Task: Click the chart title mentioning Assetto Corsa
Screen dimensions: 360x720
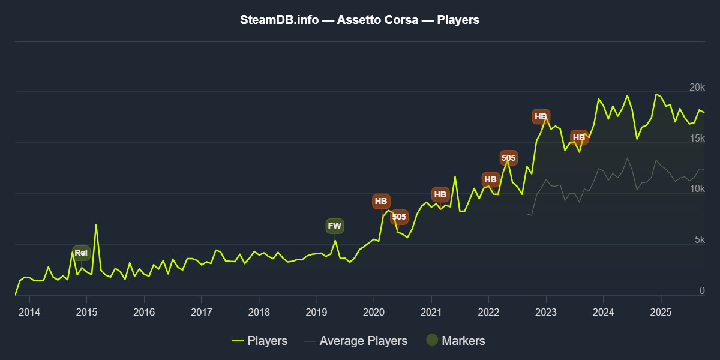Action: click(x=360, y=20)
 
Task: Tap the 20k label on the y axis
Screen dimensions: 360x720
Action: click(x=697, y=88)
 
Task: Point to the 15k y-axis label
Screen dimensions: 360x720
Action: click(x=697, y=139)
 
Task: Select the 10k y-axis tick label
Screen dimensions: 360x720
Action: click(x=697, y=190)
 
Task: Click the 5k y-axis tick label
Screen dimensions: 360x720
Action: click(x=700, y=241)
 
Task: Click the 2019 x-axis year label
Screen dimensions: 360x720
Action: click(x=316, y=312)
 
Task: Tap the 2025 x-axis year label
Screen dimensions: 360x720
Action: click(x=660, y=312)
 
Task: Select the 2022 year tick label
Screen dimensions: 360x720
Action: click(x=488, y=312)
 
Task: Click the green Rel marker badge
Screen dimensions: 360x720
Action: click(x=81, y=253)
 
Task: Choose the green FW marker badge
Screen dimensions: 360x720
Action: click(x=335, y=226)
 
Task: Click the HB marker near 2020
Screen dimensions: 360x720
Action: click(x=381, y=202)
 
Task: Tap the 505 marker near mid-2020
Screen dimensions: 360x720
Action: click(x=399, y=217)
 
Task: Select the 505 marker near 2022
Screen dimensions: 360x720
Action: click(x=508, y=158)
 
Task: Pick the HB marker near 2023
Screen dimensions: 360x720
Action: click(x=541, y=116)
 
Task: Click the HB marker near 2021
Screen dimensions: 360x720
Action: click(x=440, y=195)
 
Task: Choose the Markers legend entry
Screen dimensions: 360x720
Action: click(x=455, y=341)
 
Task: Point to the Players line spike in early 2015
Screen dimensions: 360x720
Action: click(x=96, y=226)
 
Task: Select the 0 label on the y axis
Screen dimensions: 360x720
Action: click(x=701, y=291)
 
